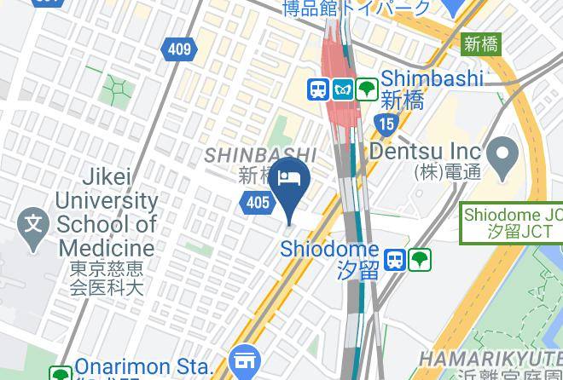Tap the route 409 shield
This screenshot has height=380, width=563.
tap(179, 49)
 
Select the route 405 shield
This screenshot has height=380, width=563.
tap(258, 202)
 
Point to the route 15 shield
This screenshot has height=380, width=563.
tap(388, 124)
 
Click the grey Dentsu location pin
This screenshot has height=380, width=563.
tap(504, 155)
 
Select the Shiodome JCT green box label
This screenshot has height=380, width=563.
tap(513, 224)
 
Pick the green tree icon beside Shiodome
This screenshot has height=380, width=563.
tap(420, 260)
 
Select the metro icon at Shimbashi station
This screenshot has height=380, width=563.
tap(343, 88)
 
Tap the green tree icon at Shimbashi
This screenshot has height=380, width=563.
tap(367, 88)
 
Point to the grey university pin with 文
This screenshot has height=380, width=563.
tap(33, 227)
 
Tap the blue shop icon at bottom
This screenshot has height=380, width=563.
tap(245, 360)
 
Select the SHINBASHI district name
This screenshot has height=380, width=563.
tap(260, 156)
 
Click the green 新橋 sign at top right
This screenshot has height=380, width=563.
tap(481, 43)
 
